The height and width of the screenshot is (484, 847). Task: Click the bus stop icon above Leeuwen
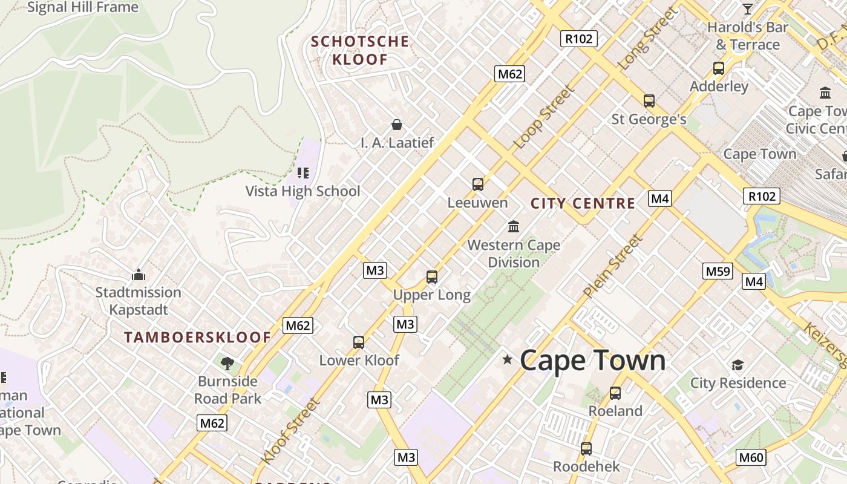click(478, 184)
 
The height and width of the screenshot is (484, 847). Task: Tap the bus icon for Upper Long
click(431, 277)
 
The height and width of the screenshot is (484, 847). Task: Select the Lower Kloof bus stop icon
click(359, 342)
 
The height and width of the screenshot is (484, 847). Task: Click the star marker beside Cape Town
click(507, 360)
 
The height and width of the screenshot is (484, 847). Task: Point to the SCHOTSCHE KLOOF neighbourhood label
click(360, 50)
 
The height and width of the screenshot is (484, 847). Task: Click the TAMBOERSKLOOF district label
click(197, 338)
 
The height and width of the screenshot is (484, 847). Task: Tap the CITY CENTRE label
click(583, 203)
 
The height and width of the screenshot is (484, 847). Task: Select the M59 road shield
click(718, 271)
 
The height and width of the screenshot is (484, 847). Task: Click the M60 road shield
click(751, 457)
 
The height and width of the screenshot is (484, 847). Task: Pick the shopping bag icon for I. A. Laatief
click(397, 125)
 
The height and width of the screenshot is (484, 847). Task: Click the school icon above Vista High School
click(303, 173)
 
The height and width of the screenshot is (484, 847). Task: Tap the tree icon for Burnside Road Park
click(227, 363)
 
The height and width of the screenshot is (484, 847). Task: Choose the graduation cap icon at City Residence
click(737, 365)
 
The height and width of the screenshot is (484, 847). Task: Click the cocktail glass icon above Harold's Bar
click(748, 8)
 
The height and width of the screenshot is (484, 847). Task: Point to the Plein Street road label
click(612, 267)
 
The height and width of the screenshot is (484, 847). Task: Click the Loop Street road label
click(543, 117)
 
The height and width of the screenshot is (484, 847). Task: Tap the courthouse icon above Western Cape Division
click(514, 226)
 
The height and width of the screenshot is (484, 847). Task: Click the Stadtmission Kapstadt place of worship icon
click(138, 275)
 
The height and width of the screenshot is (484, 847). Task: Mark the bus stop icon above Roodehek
click(586, 449)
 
